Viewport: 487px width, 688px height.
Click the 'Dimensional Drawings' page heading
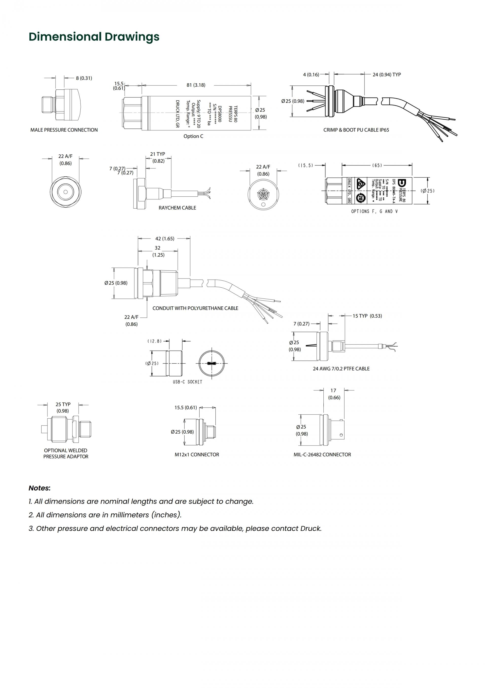(94, 37)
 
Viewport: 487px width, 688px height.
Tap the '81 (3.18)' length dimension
(196, 85)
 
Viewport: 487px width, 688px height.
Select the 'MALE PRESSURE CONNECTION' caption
(64, 130)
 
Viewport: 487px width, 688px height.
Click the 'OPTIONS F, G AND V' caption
(374, 211)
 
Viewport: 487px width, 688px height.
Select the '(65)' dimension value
(377, 165)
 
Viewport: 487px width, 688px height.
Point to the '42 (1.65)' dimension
(165, 238)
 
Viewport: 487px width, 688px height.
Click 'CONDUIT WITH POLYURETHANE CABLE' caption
(195, 308)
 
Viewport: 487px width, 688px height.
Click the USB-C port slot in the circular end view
(212, 363)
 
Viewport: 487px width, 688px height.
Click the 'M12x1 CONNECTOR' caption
(197, 455)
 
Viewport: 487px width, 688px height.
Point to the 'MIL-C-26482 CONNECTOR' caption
(322, 455)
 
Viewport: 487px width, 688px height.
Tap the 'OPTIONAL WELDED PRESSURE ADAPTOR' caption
(66, 453)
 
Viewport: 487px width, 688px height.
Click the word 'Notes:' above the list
(40, 488)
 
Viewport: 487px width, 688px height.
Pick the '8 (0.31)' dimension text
(84, 78)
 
